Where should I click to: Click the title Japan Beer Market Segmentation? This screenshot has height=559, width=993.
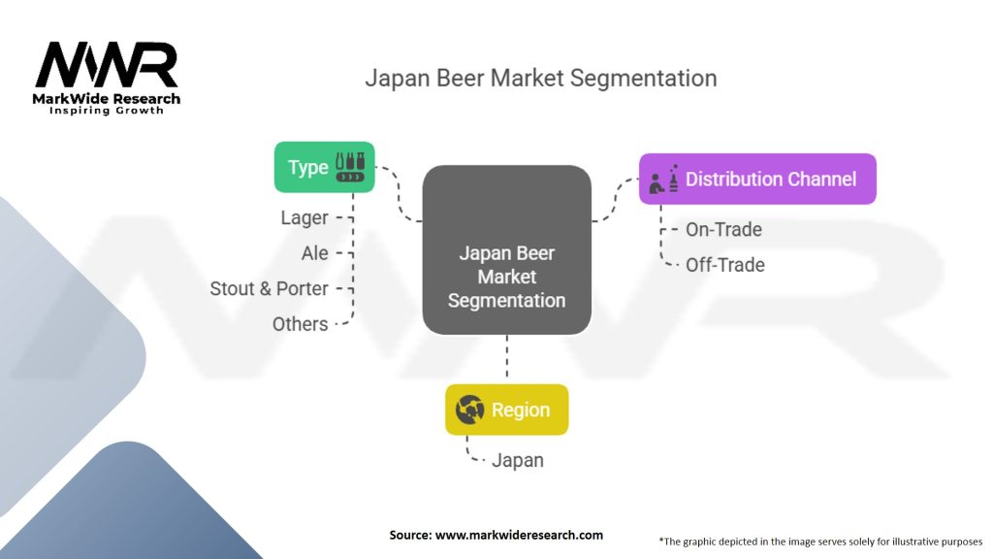540,79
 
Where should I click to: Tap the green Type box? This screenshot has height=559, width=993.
324,167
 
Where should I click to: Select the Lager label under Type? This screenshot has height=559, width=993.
304,218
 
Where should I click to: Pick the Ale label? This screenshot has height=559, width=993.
315,253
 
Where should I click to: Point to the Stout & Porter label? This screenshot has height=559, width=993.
269,288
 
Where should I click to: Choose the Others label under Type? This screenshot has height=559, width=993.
300,324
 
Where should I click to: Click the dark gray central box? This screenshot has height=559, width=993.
506,250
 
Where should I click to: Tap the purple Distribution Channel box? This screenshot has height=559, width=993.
757,179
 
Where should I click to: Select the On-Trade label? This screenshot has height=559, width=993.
723,230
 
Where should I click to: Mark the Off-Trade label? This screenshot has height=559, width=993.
724,265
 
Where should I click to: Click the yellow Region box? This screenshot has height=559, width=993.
506,410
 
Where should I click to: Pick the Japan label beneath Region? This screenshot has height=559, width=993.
517,460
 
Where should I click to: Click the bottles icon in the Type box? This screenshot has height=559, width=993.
350,167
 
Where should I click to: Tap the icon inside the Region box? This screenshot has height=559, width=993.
470,410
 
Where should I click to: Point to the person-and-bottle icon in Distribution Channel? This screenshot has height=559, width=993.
664,178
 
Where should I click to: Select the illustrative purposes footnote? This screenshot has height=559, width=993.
820,541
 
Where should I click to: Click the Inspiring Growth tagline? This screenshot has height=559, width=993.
107,111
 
